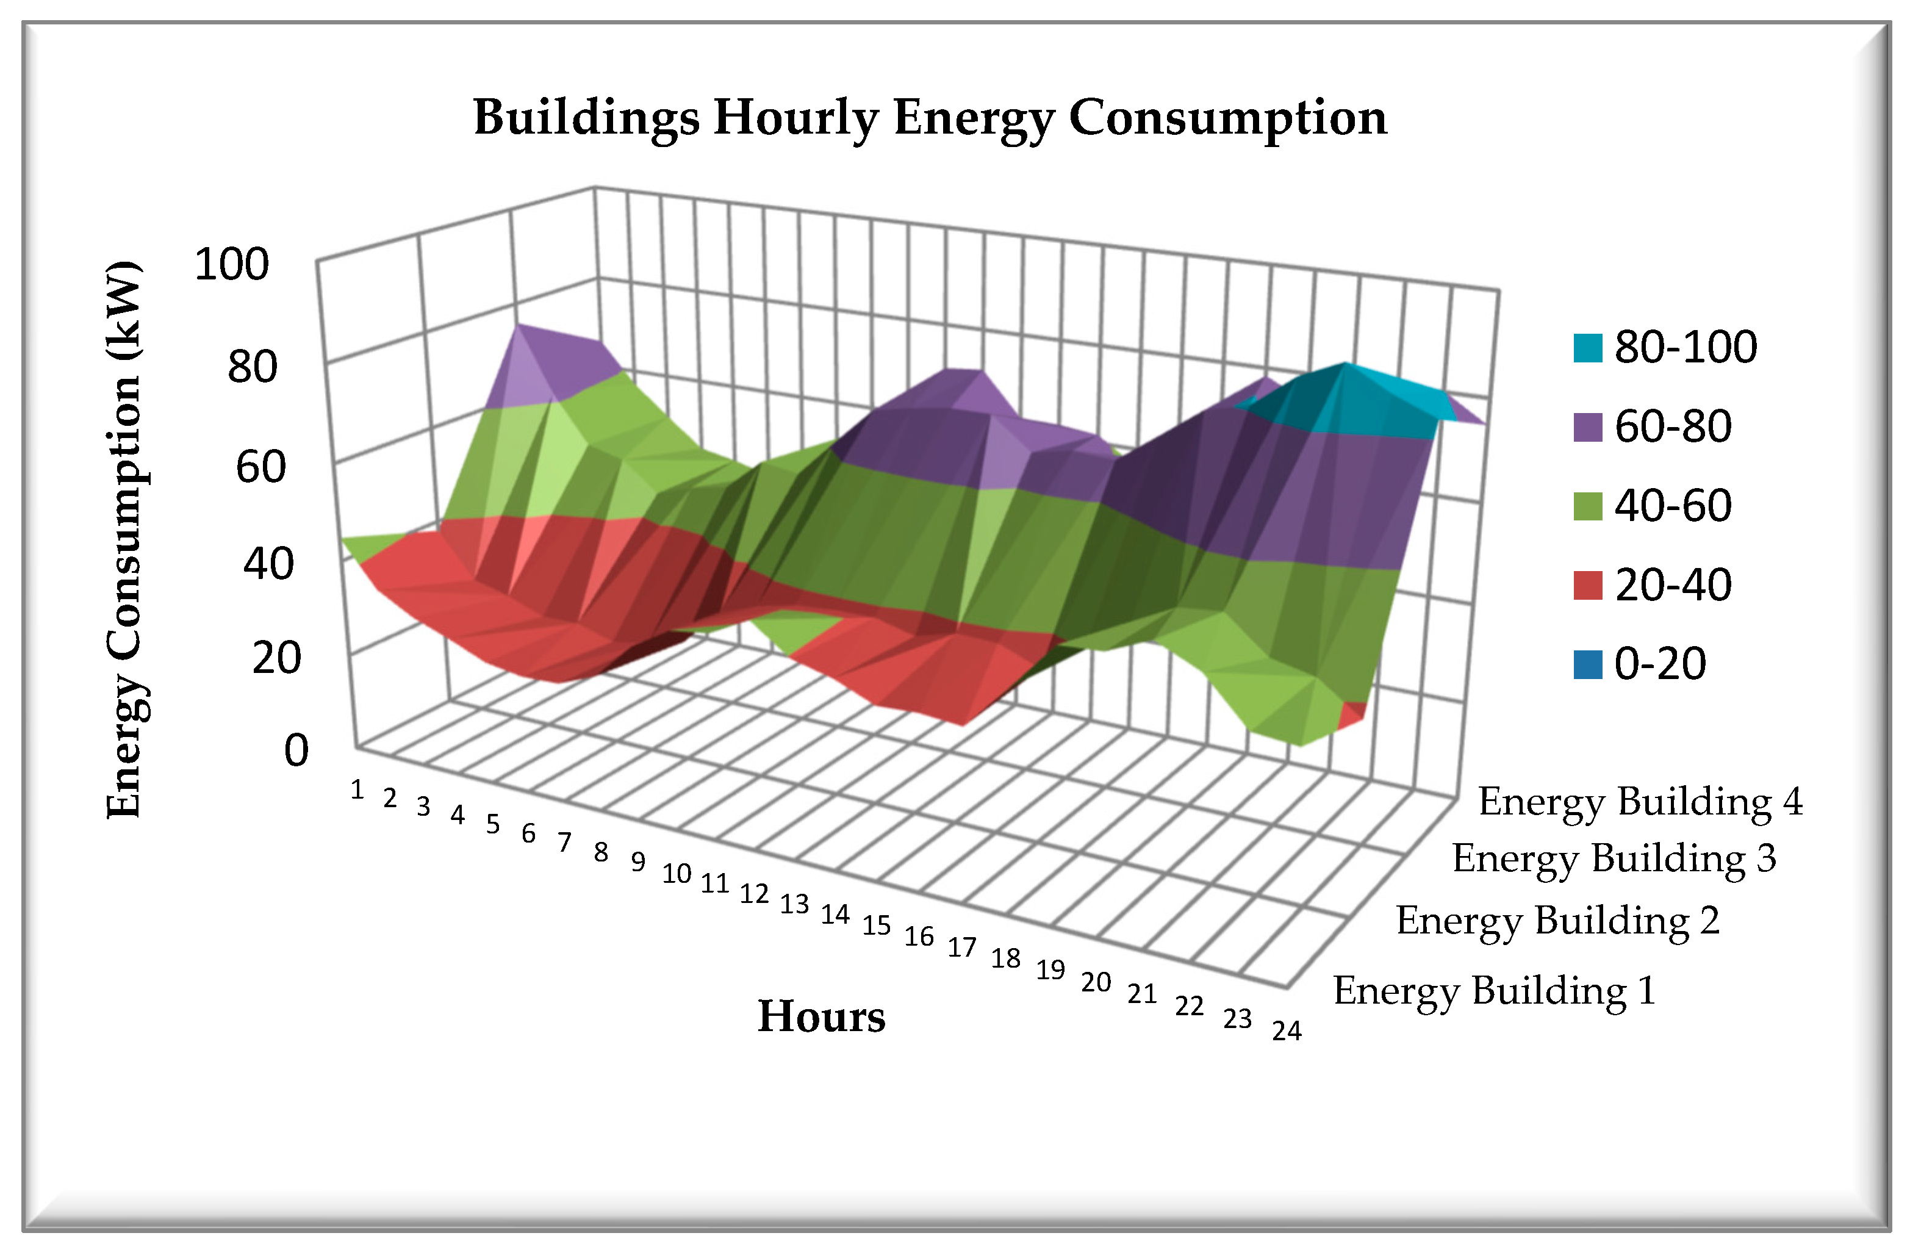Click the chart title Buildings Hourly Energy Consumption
(x=929, y=118)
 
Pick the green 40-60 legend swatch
(x=1587, y=506)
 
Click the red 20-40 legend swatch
(x=1587, y=585)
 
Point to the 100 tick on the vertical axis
(x=231, y=264)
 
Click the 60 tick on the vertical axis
(x=260, y=466)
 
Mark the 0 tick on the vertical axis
(x=296, y=751)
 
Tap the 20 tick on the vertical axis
(x=276, y=658)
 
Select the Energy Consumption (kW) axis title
(x=124, y=539)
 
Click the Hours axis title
(x=821, y=1016)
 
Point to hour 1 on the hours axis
(x=357, y=790)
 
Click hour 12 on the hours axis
(x=753, y=894)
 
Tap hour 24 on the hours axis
(x=1287, y=1030)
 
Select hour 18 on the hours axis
(x=1005, y=958)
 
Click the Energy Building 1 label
(x=1495, y=990)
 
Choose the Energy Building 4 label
(x=1640, y=802)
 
